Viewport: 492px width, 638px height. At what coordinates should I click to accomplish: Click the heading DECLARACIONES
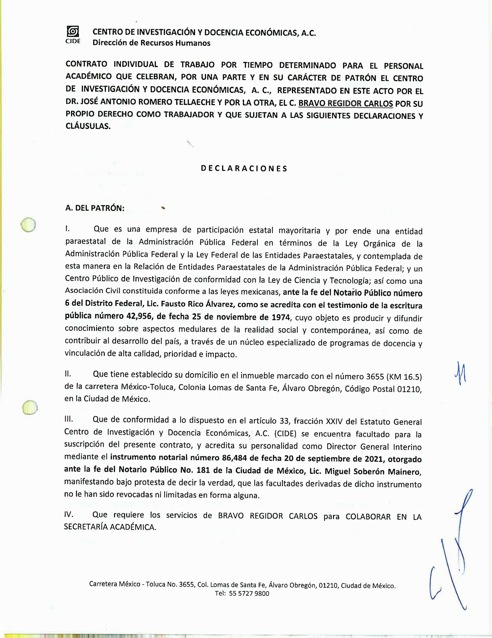click(x=244, y=168)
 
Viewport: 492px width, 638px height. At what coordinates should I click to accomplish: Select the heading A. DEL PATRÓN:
click(x=95, y=208)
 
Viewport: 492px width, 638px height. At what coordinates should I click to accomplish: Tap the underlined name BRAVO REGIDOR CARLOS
click(x=345, y=103)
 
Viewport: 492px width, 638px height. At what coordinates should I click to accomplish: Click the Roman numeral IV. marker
click(x=69, y=514)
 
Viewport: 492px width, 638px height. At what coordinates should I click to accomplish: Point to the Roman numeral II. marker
click(x=67, y=374)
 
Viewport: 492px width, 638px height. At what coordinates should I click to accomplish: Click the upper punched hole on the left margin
click(x=28, y=225)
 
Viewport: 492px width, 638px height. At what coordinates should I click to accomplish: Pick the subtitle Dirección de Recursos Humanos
click(x=151, y=43)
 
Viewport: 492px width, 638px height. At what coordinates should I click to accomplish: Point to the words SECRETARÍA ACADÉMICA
click(x=110, y=527)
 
